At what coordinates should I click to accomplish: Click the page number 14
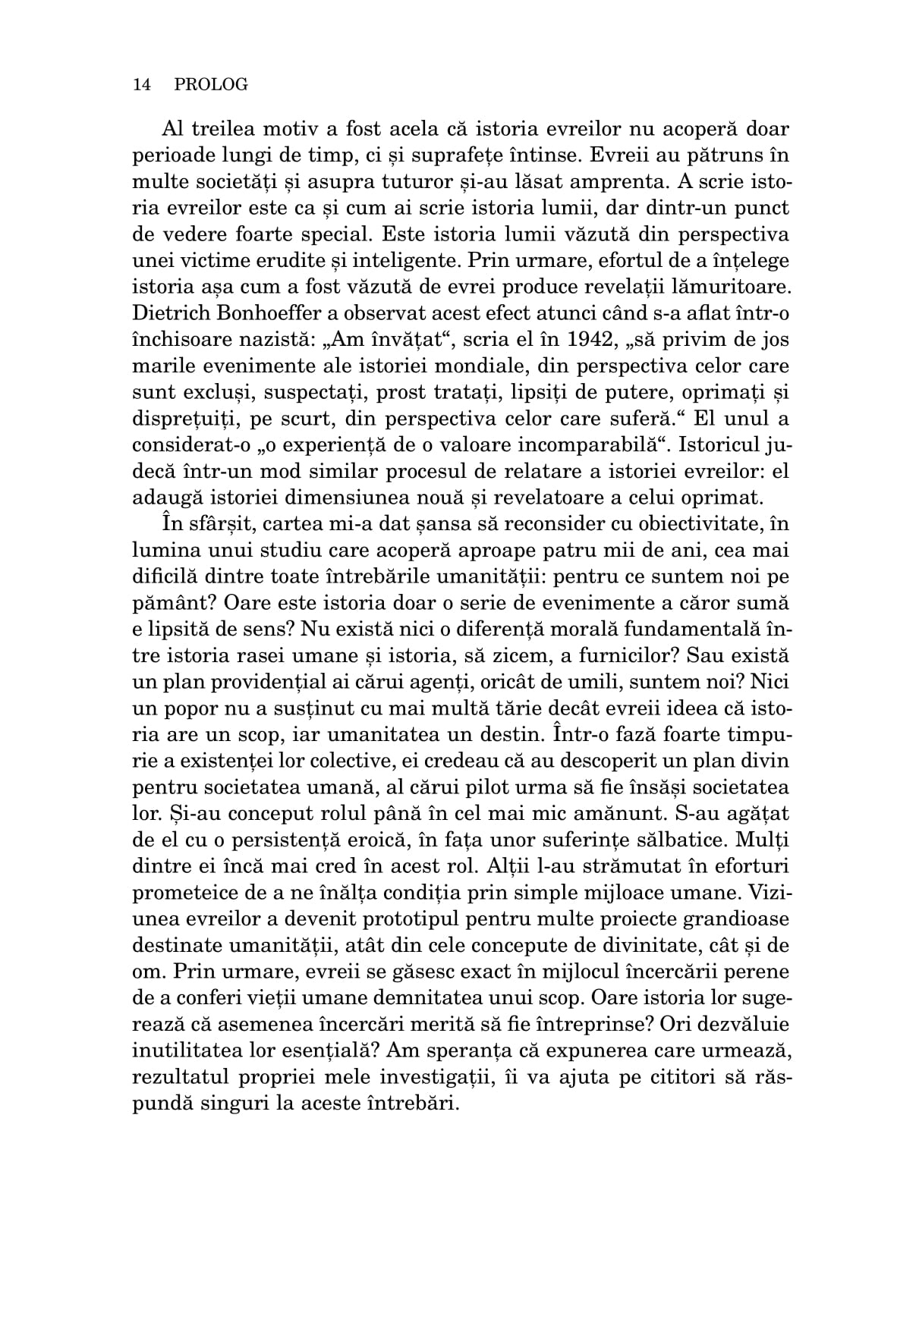click(x=142, y=85)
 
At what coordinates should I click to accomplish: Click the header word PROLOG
click(x=211, y=85)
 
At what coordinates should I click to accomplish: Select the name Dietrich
click(x=168, y=313)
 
